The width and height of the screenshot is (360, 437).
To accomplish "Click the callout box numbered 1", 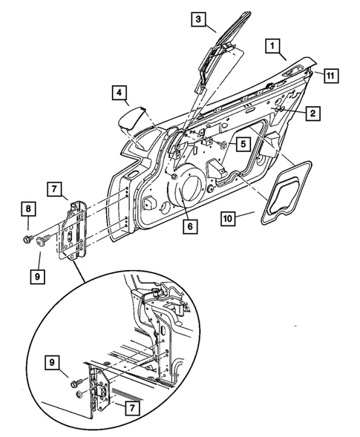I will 274,48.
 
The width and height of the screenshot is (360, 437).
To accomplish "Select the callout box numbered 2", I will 313,114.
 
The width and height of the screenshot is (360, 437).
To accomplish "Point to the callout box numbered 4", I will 120,93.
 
